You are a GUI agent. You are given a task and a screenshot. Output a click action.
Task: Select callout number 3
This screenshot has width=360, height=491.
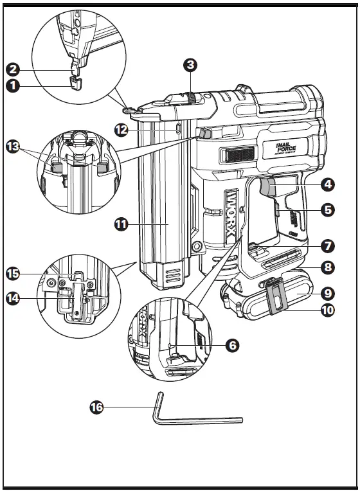pos(189,64)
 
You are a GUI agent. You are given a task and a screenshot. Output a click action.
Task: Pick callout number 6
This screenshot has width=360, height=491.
pos(232,345)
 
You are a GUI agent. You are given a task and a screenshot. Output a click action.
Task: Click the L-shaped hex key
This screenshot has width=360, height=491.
pos(193,419)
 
